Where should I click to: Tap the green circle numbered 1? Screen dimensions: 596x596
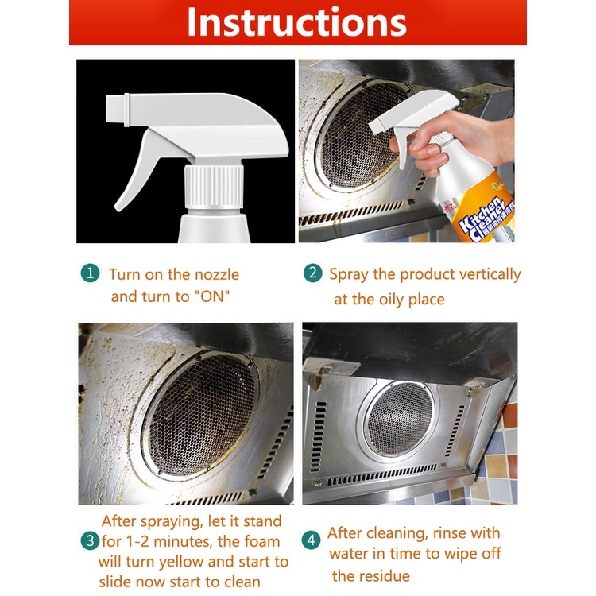(90, 273)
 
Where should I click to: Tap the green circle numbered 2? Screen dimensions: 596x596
(313, 273)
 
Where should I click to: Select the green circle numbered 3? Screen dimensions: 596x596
(90, 540)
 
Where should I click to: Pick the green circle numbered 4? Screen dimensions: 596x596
(312, 540)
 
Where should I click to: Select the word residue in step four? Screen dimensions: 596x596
(385, 576)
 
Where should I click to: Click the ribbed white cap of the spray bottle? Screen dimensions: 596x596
(214, 187)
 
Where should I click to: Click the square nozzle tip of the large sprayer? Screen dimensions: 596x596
(117, 109)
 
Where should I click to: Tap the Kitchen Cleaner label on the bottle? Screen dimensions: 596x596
(483, 219)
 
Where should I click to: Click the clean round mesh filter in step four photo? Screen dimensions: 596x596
(400, 417)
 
